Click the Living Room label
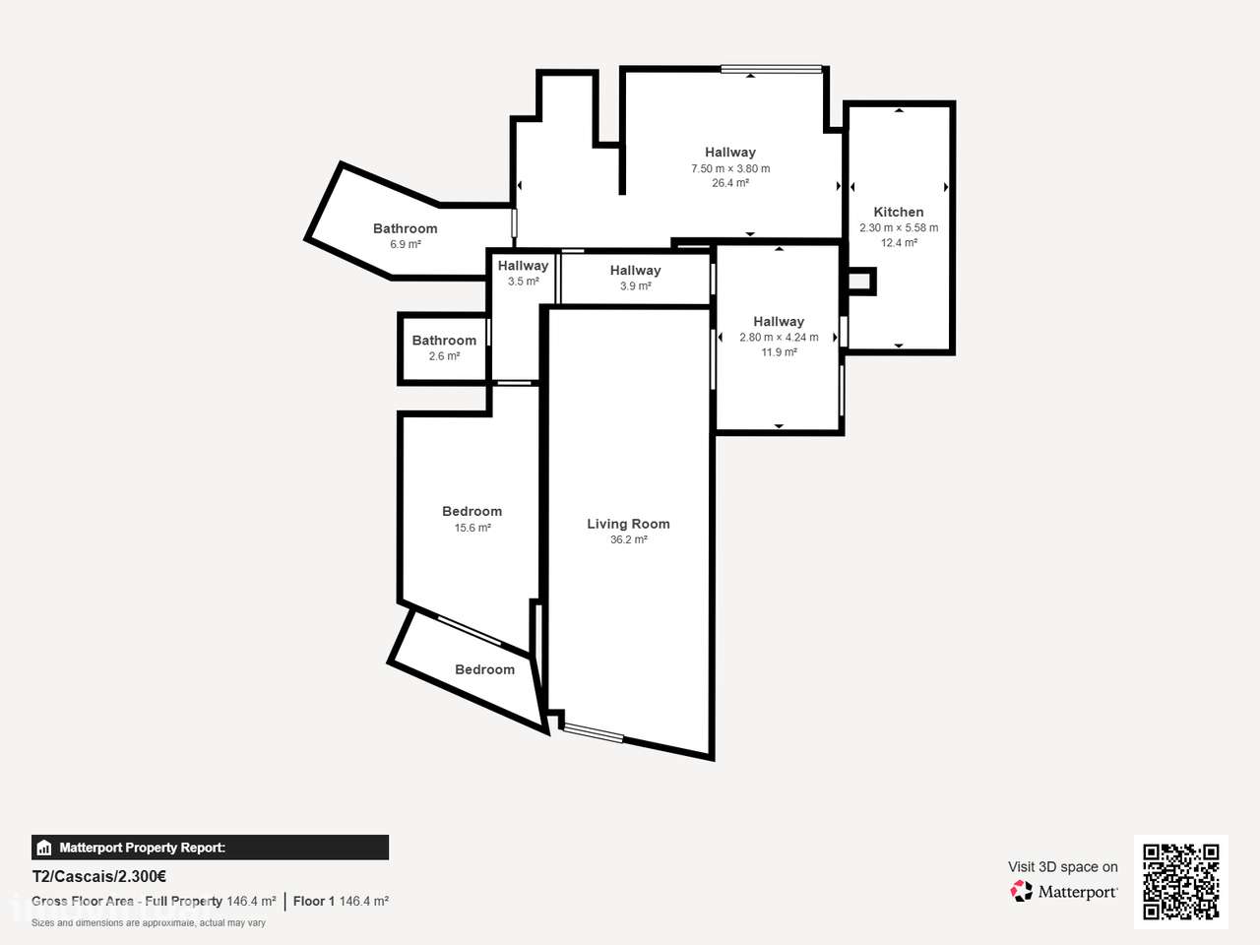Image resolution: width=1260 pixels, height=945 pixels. pos(628,524)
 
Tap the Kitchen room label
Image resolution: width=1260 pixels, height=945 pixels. pos(899,212)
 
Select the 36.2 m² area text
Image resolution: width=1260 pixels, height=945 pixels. pos(629,539)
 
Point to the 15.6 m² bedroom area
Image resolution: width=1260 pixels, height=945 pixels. pos(472,528)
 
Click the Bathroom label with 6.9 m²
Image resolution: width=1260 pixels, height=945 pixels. pos(406,228)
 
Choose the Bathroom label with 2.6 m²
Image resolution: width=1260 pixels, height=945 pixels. pos(444,341)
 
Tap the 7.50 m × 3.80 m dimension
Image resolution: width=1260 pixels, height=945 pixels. pos(730,168)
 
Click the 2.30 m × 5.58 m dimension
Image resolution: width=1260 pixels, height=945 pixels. pos(899,227)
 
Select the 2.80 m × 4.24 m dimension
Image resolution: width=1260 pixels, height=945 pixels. pos(779,337)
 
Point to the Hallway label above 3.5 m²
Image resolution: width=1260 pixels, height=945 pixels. pos(523,266)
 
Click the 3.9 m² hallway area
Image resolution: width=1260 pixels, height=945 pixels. pos(636,285)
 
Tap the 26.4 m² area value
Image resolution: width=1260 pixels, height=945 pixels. pos(730,183)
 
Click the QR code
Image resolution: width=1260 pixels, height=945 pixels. pos(1181,881)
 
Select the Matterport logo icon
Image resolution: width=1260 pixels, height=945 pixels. pos(1021,891)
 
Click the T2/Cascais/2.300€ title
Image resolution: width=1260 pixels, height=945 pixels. pos(98,876)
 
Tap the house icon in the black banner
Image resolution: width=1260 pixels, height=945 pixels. pos(44,848)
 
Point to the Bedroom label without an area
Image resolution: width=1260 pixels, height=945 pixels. pos(484,669)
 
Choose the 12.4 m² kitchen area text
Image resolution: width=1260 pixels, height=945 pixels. pos(899,243)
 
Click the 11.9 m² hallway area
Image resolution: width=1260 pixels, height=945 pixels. pos(779,351)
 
